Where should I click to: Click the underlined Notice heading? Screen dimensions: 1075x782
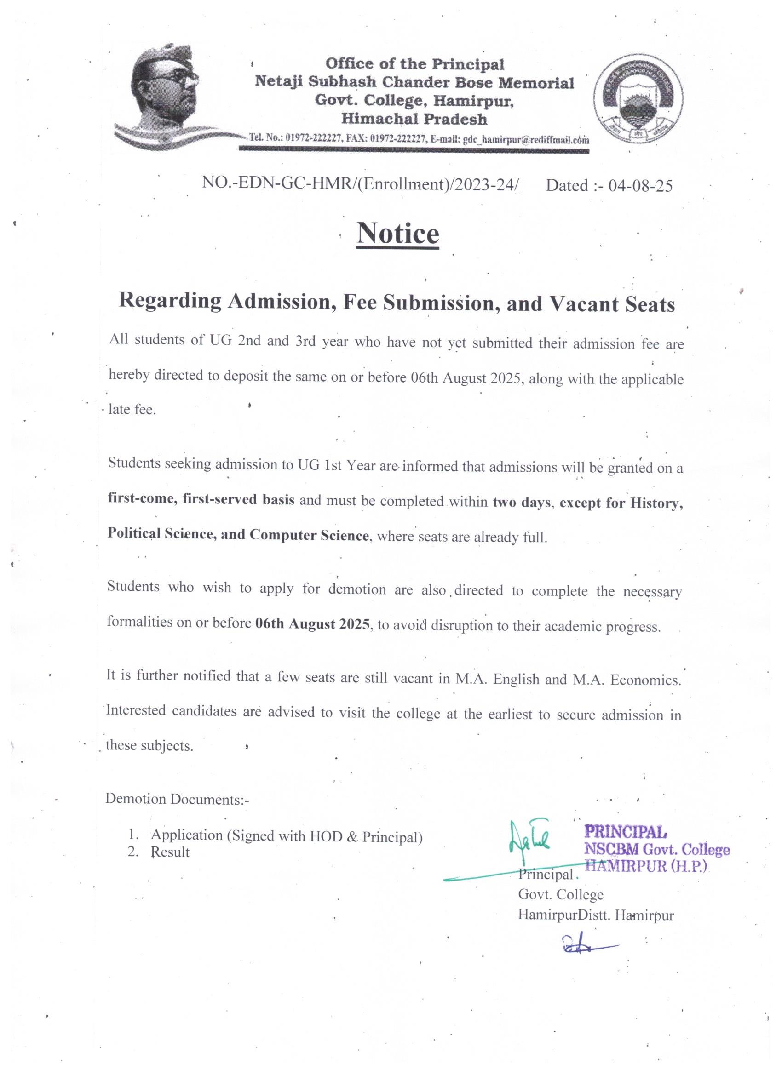pos(398,233)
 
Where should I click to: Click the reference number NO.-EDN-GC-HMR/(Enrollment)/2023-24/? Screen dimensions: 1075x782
pos(361,183)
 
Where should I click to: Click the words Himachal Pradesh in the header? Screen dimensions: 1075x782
pos(414,119)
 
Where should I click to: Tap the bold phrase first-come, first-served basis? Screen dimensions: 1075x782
pos(201,500)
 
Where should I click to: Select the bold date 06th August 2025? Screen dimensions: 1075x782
pos(312,624)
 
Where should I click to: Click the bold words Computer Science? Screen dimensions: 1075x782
pos(309,535)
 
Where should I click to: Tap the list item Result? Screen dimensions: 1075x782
pos(170,852)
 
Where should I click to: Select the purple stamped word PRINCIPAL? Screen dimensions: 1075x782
pos(626,831)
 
